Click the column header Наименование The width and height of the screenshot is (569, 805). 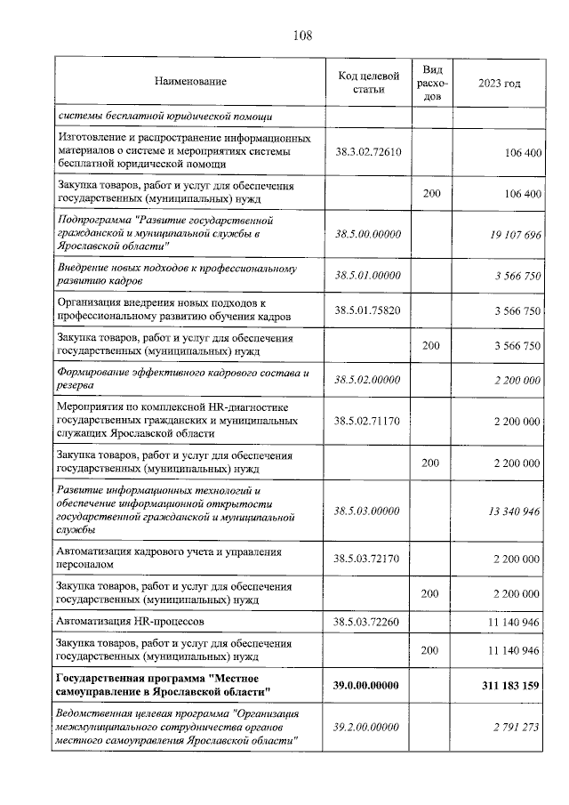(190, 83)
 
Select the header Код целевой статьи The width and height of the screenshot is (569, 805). (368, 83)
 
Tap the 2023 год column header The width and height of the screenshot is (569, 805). (499, 83)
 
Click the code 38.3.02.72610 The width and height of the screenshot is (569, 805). (368, 152)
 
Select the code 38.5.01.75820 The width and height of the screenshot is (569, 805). (368, 310)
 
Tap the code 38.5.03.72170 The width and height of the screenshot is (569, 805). (368, 559)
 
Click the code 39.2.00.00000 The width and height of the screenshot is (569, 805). (368, 727)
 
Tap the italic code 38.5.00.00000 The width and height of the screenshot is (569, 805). (368, 234)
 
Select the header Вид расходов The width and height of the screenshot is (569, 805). (432, 83)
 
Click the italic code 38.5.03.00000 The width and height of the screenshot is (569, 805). (368, 511)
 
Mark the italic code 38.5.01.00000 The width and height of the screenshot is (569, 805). (368, 276)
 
